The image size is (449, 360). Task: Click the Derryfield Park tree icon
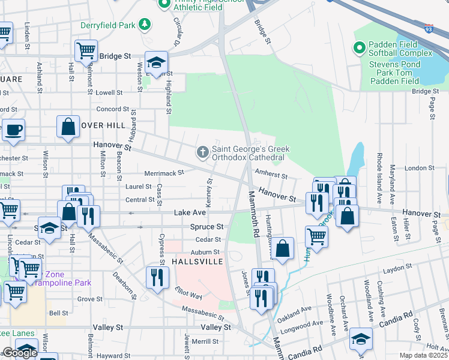pos(144,25)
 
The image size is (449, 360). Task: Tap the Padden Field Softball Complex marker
pos(360,47)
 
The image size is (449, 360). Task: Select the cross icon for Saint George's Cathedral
pos(203,151)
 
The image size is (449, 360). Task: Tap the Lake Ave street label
pos(190,212)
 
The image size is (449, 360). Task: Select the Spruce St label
pos(206,227)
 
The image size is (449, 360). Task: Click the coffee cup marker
pos(13,129)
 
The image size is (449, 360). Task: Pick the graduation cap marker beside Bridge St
pos(156,62)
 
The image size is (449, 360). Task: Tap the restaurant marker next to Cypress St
pos(157,277)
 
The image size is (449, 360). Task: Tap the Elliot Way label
pos(188,295)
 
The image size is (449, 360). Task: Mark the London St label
pos(415,169)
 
